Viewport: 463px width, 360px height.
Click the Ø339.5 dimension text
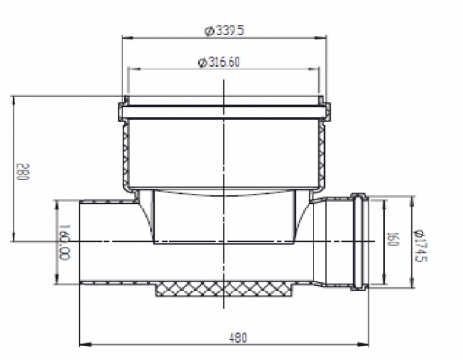pyautogui.click(x=225, y=31)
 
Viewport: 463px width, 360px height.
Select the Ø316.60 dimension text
pyautogui.click(x=219, y=62)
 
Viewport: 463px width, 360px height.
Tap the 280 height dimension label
pyautogui.click(x=23, y=172)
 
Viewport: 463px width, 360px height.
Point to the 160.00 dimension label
pyautogui.click(x=64, y=242)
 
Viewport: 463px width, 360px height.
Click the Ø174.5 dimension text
pyautogui.click(x=421, y=245)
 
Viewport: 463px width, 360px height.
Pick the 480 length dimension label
pyautogui.click(x=238, y=338)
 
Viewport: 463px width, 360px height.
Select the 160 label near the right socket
pyautogui.click(x=393, y=239)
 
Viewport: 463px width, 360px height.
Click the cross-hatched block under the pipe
pyautogui.click(x=225, y=289)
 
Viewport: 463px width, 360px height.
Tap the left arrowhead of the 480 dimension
pyautogui.click(x=85, y=345)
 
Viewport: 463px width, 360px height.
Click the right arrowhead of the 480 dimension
pyautogui.click(x=364, y=345)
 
